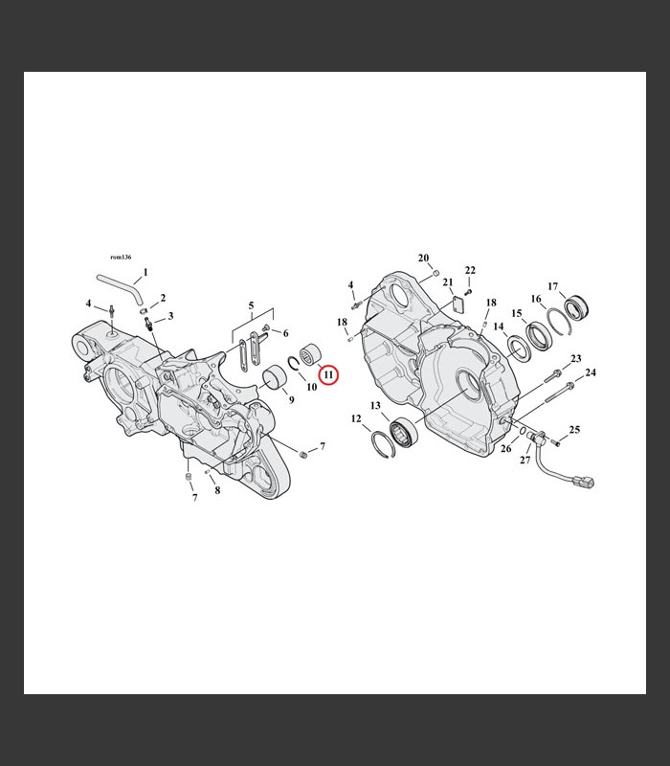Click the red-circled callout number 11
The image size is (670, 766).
(328, 374)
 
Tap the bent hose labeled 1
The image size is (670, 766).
(122, 284)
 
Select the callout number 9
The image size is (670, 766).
(292, 399)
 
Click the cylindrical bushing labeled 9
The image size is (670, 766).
(274, 376)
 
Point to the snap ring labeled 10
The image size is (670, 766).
(294, 364)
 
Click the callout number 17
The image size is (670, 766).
(553, 286)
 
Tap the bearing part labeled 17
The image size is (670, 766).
(577, 307)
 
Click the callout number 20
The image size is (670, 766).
(423, 258)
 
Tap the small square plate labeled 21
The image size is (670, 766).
(458, 304)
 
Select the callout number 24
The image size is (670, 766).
(591, 372)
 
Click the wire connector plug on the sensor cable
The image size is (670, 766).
(586, 483)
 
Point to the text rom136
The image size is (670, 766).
(121, 258)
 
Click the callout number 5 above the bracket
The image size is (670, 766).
(251, 305)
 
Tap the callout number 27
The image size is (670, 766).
(525, 460)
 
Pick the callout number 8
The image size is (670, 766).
(217, 490)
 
